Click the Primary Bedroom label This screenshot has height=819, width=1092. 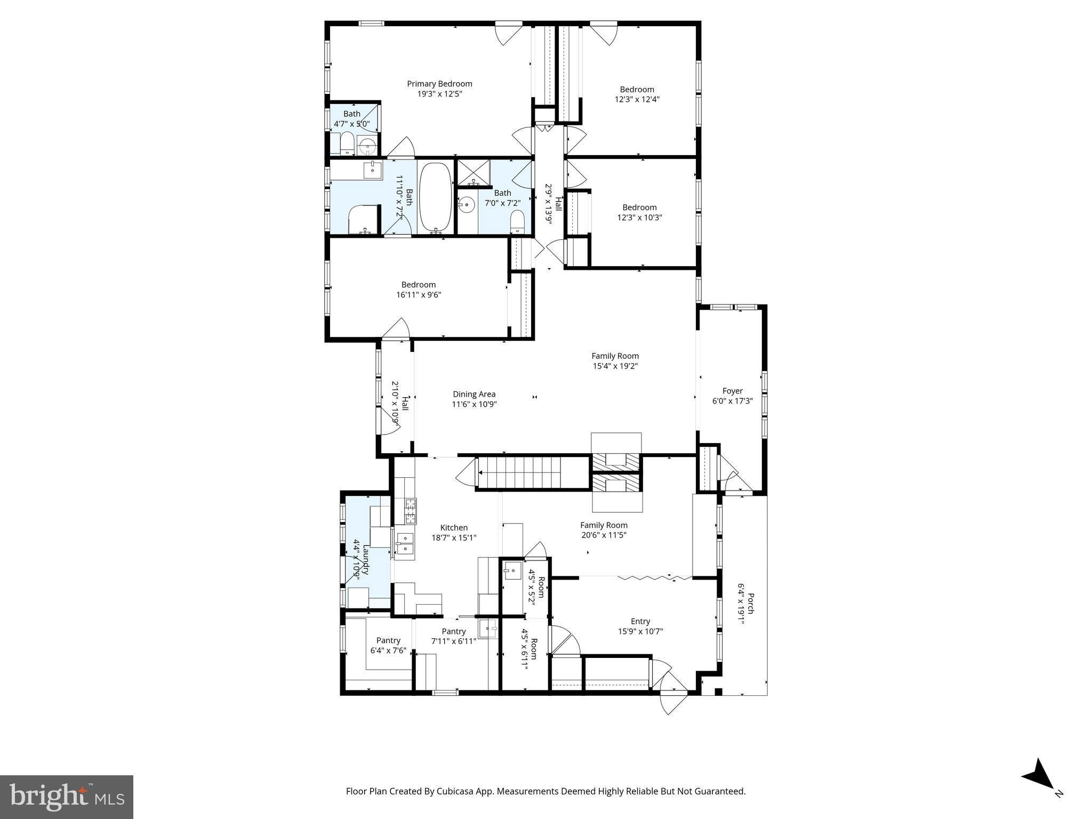pos(439,84)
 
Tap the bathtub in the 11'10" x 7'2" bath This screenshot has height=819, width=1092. pos(436,197)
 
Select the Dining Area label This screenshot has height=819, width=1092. pos(474,395)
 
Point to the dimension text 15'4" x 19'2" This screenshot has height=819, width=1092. pos(615,366)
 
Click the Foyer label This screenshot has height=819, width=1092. pos(732,391)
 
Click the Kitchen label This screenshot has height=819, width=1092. pos(454,528)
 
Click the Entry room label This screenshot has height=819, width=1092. pos(640,621)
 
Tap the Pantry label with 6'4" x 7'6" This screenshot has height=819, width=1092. pos(388,640)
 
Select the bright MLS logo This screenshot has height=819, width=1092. pos(66,797)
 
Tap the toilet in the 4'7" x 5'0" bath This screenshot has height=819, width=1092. pos(347,143)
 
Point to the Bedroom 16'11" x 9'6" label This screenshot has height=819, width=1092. pos(419,285)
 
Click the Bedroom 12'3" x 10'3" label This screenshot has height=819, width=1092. pos(639,207)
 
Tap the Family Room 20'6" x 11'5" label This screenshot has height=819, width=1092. pos(604,525)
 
